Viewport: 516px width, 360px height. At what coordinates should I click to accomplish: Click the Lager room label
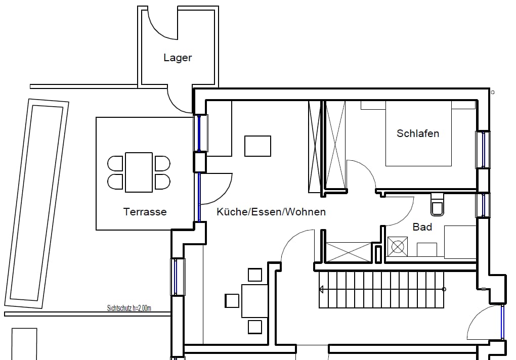[x=178, y=58]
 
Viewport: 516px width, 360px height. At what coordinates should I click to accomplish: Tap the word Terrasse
[x=145, y=212]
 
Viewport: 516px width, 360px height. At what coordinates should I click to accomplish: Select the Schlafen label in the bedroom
[x=418, y=133]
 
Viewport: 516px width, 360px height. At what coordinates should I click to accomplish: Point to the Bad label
[x=422, y=227]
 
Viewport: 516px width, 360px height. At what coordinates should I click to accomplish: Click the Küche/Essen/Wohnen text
[x=271, y=212]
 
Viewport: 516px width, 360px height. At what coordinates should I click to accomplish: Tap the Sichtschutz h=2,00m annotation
[x=129, y=308]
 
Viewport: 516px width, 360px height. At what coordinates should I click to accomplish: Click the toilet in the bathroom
[x=437, y=205]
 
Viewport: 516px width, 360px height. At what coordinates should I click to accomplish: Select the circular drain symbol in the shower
[x=398, y=247]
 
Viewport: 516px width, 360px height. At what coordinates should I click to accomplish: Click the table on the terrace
[x=139, y=172]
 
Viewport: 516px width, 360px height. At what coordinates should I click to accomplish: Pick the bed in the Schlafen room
[x=418, y=133]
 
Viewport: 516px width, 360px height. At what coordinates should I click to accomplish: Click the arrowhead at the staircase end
[x=321, y=289]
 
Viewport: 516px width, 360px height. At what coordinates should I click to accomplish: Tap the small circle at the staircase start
[x=444, y=289]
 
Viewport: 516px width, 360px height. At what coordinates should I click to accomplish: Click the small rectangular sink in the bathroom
[x=427, y=250]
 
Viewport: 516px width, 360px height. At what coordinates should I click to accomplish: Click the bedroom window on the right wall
[x=483, y=150]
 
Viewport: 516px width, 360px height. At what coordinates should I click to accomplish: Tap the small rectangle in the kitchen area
[x=257, y=146]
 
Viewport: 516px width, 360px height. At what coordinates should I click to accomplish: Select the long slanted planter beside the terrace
[x=37, y=204]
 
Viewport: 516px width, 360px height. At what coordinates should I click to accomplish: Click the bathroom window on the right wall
[x=483, y=205]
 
